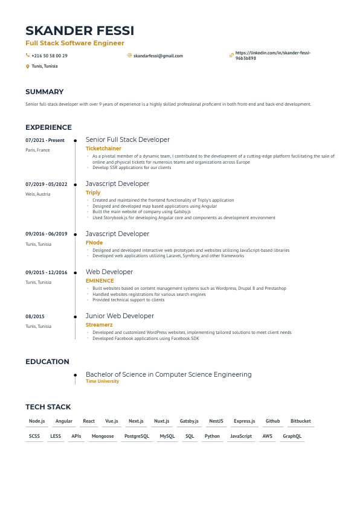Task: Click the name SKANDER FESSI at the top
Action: pyautogui.click(x=80, y=31)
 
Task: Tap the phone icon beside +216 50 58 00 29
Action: pyautogui.click(x=27, y=56)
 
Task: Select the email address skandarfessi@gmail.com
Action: pyautogui.click(x=158, y=56)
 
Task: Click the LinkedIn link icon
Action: pyautogui.click(x=231, y=56)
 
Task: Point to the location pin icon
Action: pyautogui.click(x=27, y=66)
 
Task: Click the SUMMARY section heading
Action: pyautogui.click(x=44, y=92)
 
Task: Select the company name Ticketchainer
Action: pyautogui.click(x=103, y=149)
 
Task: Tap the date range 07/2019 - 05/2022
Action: pyautogui.click(x=46, y=184)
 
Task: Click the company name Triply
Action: pyautogui.click(x=93, y=193)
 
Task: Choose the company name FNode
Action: pyautogui.click(x=94, y=243)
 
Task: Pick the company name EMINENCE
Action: pyautogui.click(x=100, y=281)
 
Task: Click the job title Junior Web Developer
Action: pyautogui.click(x=120, y=316)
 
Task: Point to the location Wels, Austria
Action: pyautogui.click(x=38, y=194)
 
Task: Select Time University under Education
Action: pyautogui.click(x=102, y=382)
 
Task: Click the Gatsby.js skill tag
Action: pyautogui.click(x=189, y=421)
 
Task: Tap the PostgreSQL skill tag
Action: pyautogui.click(x=137, y=436)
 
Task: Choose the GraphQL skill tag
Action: pyautogui.click(x=292, y=436)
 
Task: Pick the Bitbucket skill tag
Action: pyautogui.click(x=300, y=421)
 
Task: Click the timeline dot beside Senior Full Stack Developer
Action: pyautogui.click(x=75, y=140)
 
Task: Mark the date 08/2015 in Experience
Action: pyautogui.click(x=35, y=316)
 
